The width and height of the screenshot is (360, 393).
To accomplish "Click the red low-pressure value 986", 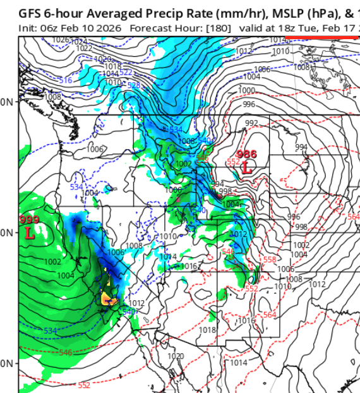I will point(246,154).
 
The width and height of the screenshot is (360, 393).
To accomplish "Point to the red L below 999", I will point(29,233).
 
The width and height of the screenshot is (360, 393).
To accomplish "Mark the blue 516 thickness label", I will point(65,80).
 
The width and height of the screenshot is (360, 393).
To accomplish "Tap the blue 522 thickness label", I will point(126,72).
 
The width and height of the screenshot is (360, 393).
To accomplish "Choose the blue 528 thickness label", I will point(133,85).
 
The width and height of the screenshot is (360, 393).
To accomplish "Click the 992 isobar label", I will point(251,123).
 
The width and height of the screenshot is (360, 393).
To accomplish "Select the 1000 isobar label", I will point(247,91).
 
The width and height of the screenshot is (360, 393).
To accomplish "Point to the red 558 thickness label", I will point(270,259).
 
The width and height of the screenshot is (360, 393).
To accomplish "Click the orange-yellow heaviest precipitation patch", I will point(108,297).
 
